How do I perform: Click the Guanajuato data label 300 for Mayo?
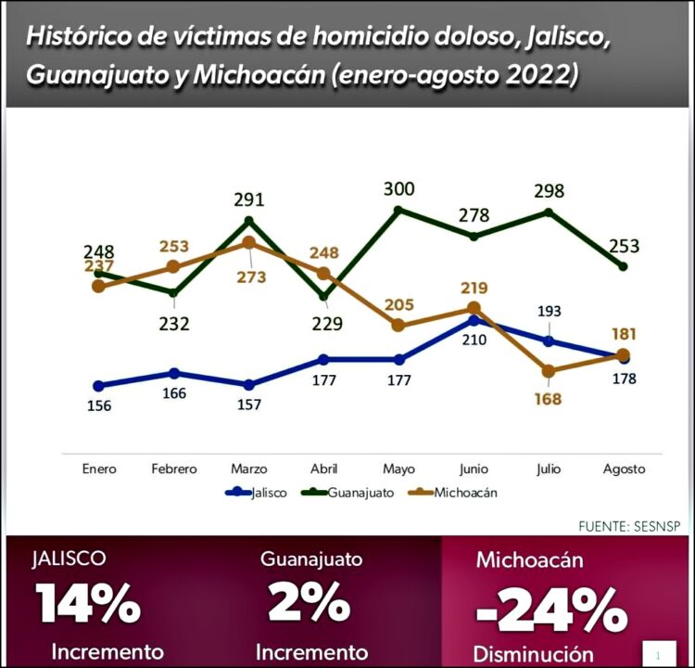coord(398,189)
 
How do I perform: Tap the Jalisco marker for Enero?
coord(98,386)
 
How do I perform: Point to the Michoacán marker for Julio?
coord(549,371)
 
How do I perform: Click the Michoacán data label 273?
coord(250,276)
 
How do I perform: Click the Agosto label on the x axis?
coord(623,469)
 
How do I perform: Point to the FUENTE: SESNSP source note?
coord(629,525)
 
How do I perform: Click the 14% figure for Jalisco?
coord(89,603)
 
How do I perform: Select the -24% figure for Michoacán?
coord(550,610)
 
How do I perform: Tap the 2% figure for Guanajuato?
coord(310,603)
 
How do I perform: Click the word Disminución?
coord(533,652)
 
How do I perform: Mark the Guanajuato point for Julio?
coord(549,212)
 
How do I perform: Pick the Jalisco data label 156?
coord(98,405)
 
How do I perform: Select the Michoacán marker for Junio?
coord(474,308)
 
